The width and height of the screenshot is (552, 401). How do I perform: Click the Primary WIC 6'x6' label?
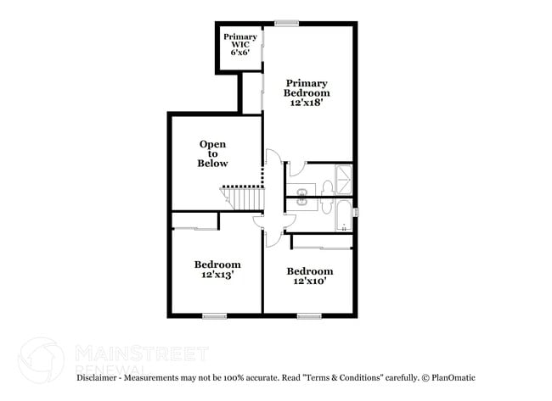[x=240, y=44]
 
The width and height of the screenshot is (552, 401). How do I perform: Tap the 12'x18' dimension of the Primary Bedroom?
[x=307, y=102]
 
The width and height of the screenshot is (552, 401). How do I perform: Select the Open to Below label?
[x=213, y=153]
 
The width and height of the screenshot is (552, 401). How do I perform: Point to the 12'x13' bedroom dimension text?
[x=217, y=275]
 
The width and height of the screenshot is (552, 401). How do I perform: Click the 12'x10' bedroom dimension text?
[x=309, y=281]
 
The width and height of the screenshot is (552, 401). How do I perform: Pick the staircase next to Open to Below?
[x=245, y=198]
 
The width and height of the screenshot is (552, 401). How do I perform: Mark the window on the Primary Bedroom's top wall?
[x=286, y=23]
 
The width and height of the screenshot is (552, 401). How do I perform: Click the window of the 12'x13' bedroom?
[x=214, y=316]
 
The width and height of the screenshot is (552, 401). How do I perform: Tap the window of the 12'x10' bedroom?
[x=309, y=316]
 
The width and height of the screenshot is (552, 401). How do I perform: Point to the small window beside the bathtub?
[x=356, y=211]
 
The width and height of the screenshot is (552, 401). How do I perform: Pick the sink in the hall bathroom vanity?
[x=302, y=203]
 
